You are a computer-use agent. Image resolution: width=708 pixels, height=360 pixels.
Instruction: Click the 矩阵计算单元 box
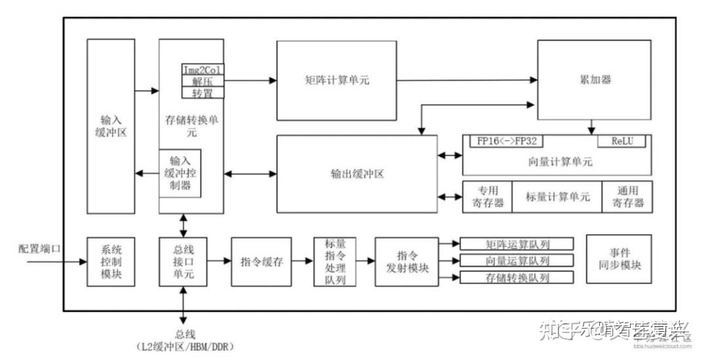pyautogui.click(x=336, y=80)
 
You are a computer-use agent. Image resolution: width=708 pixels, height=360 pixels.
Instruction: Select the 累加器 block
pyautogui.click(x=595, y=79)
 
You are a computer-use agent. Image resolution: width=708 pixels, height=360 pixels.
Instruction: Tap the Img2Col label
pyautogui.click(x=202, y=70)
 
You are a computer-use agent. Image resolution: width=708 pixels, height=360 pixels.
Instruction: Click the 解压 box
pyautogui.click(x=202, y=81)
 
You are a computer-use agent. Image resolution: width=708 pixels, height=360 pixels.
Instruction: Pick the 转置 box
pyautogui.click(x=202, y=93)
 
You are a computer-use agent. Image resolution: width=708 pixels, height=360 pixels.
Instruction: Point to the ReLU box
pyautogui.click(x=621, y=141)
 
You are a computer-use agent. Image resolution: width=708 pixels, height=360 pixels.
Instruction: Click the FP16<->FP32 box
pyautogui.click(x=506, y=141)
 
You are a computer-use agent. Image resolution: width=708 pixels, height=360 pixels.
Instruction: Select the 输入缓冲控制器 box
pyautogui.click(x=180, y=173)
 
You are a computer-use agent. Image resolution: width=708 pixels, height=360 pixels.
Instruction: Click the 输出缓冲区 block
pyautogui.click(x=357, y=174)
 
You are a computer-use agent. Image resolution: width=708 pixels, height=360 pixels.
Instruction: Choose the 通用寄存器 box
pyautogui.click(x=627, y=197)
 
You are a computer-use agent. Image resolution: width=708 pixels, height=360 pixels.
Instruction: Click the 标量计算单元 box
pyautogui.click(x=557, y=197)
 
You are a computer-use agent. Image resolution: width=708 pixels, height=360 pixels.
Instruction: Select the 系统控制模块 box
pyautogui.click(x=110, y=262)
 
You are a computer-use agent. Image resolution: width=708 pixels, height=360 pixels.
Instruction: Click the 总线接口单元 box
pyautogui.click(x=183, y=262)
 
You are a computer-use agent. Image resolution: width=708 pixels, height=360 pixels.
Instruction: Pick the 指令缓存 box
pyautogui.click(x=261, y=262)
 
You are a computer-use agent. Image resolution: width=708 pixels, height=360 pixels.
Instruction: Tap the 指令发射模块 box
pyautogui.click(x=406, y=262)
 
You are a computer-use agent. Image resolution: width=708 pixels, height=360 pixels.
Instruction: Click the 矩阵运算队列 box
pyautogui.click(x=517, y=245)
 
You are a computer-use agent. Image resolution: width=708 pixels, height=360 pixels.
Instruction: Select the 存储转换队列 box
pyautogui.click(x=517, y=277)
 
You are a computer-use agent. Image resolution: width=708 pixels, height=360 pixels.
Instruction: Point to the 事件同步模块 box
pyautogui.click(x=619, y=260)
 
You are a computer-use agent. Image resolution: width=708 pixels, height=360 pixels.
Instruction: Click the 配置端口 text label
pyautogui.click(x=40, y=250)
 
